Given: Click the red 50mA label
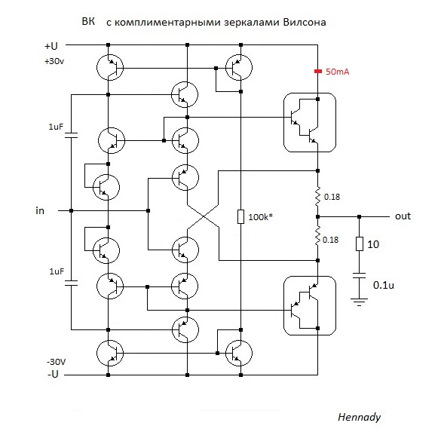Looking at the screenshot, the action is pos(337,72).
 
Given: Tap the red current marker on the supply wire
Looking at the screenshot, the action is pos(318,72).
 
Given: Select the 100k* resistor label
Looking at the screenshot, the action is pos(260,217).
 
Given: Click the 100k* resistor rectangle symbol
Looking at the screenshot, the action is pos(240,216).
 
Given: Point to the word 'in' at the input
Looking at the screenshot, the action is pos(40,210).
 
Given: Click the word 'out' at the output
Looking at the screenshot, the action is pos(403,216).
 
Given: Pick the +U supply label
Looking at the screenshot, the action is pos(51,46).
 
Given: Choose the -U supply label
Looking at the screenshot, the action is pos(53,374).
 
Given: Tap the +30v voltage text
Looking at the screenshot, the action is pos(54,61).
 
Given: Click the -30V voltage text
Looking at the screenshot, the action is pos(56,362).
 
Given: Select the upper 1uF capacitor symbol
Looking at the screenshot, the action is pos(71,135).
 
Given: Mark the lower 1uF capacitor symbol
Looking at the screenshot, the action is pos(71,283).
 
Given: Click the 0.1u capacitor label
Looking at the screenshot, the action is pos(384,285).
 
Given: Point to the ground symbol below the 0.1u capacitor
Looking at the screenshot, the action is pos(359,302).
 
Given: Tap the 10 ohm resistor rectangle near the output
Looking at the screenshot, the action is pos(360,244).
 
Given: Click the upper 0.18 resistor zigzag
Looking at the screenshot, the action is pos(318,195).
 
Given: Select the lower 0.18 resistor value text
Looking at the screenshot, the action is pos(330,240).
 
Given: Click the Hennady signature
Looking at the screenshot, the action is pos(359,417).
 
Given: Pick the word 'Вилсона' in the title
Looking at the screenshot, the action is pos(305,22).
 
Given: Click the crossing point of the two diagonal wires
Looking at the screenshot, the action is pos(203,216).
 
